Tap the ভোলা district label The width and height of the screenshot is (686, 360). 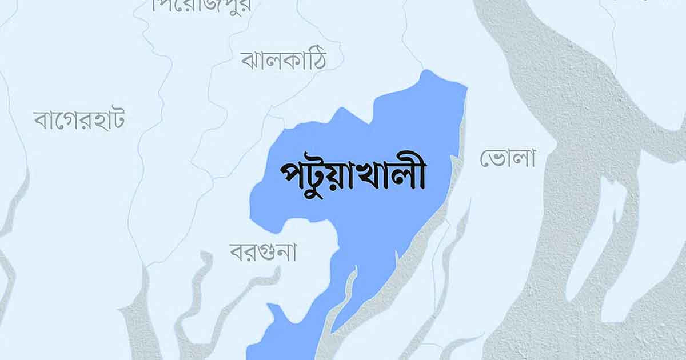pyautogui.click(x=507, y=158)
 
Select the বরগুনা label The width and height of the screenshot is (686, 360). pyautogui.click(x=264, y=251)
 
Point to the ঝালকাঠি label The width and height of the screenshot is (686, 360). pyautogui.click(x=284, y=59)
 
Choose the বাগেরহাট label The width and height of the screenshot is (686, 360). pyautogui.click(x=79, y=119)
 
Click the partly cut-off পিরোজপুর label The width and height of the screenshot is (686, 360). pyautogui.click(x=194, y=6)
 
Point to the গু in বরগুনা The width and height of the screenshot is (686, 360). pyautogui.click(x=269, y=253)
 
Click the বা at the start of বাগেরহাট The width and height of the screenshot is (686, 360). pyautogui.click(x=45, y=120)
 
